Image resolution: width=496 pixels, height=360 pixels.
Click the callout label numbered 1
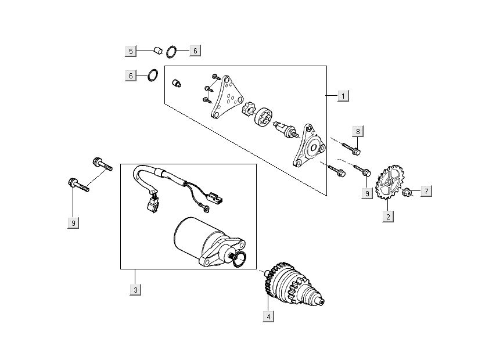click(343, 96)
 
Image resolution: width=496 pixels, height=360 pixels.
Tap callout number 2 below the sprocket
click(388, 217)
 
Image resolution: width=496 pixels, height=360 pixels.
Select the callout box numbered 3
click(135, 290)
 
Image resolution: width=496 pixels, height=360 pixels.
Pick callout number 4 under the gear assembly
click(268, 316)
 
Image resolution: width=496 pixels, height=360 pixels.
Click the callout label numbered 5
click(131, 51)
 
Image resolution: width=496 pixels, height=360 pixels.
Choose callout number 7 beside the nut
click(426, 191)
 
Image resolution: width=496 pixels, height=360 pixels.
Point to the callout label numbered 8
click(358, 131)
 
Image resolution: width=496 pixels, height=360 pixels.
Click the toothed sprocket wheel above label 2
click(389, 182)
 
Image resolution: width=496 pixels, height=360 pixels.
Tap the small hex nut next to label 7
click(406, 192)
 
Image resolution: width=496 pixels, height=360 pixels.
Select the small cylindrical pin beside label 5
click(157, 50)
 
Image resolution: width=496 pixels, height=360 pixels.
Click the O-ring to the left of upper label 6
click(171, 52)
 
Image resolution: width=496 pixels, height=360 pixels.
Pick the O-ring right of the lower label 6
click(153, 75)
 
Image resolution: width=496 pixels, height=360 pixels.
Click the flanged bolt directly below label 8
click(351, 149)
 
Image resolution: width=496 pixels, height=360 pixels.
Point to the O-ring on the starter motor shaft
click(239, 260)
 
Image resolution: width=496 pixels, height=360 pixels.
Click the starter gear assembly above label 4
click(293, 284)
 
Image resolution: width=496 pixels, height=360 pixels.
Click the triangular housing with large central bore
click(309, 145)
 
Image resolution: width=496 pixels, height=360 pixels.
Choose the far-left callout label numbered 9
click(73, 223)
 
